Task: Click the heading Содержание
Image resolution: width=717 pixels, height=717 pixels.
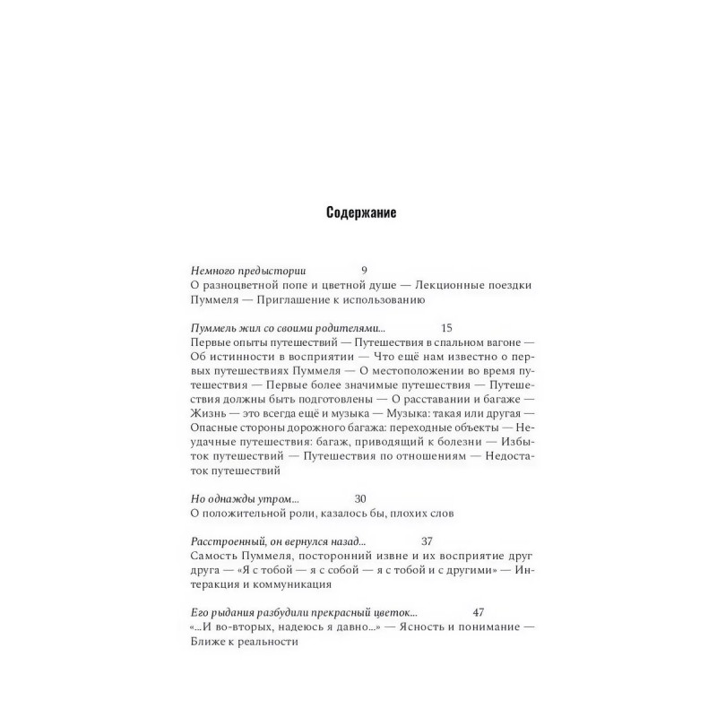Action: [358, 214]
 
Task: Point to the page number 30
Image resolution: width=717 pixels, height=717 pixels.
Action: [361, 498]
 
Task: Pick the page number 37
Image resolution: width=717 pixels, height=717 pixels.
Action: [427, 541]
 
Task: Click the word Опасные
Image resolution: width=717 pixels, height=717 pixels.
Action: [215, 428]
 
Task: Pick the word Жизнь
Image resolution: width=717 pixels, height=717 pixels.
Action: [210, 413]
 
